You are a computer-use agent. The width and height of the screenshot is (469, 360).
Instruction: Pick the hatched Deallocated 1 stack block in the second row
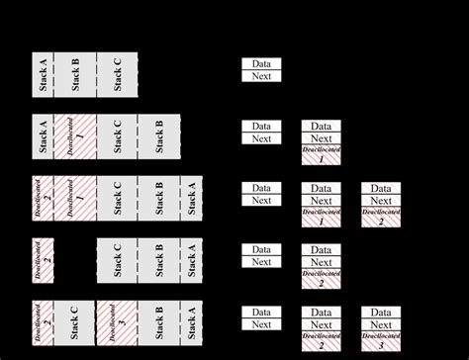click(74, 138)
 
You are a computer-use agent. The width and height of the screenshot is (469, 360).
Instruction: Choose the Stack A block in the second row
click(43, 138)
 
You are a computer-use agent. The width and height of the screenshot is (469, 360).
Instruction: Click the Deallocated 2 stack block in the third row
click(43, 200)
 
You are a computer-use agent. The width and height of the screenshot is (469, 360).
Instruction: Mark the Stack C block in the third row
click(117, 200)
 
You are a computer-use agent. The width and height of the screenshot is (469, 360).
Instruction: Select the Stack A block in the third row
click(191, 200)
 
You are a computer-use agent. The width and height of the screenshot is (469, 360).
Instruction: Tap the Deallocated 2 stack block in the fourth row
click(43, 261)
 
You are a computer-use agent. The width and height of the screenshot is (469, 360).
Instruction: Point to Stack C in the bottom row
click(74, 323)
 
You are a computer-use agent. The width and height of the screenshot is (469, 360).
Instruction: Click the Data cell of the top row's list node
click(262, 64)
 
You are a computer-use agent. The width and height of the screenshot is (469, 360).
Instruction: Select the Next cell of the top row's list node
click(262, 76)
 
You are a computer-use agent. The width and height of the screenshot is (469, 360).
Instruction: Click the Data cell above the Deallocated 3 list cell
click(381, 313)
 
